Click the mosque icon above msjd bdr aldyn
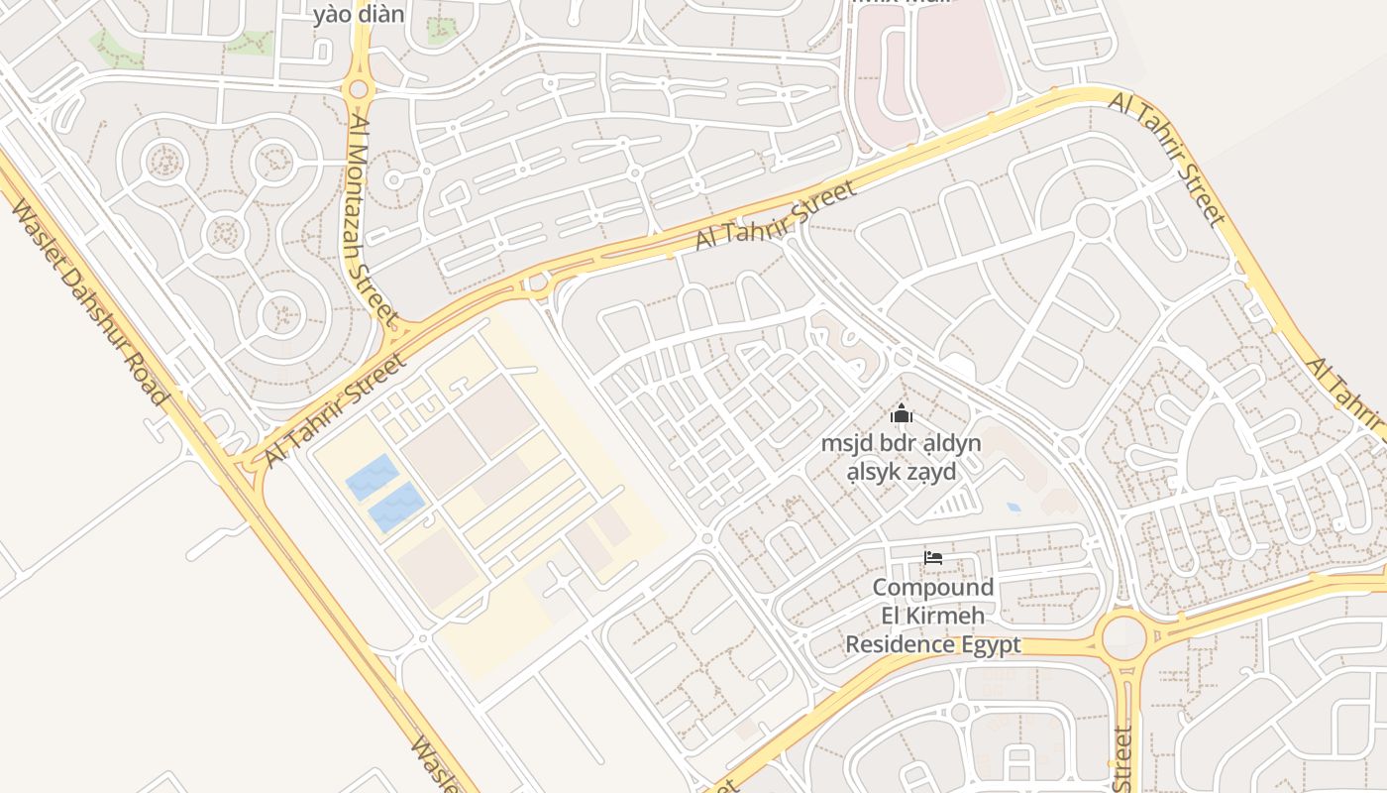click(902, 413)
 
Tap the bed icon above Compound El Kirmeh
click(932, 558)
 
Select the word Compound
click(932, 587)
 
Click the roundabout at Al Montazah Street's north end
click(358, 89)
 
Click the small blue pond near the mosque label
click(1013, 508)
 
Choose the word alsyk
click(873, 472)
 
